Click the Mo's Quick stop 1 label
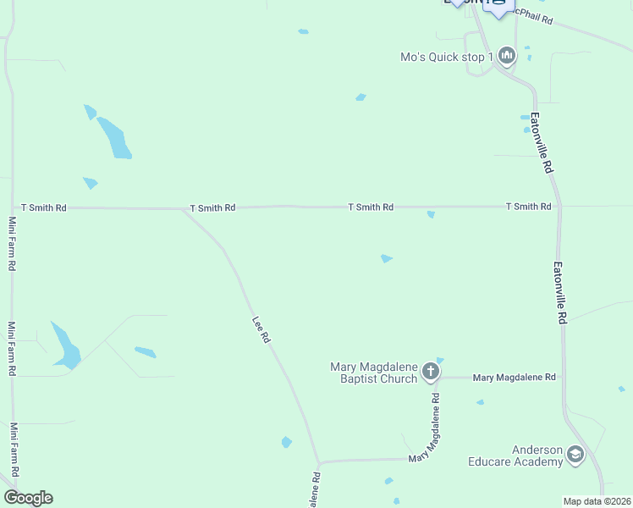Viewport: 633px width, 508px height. (447, 58)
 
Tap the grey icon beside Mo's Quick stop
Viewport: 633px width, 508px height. (507, 56)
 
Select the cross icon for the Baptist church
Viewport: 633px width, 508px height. (431, 371)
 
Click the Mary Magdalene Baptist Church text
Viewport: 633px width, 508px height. (374, 373)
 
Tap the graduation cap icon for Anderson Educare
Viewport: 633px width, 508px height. (575, 456)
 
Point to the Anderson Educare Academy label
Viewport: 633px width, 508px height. (515, 456)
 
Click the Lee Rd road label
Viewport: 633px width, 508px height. (261, 329)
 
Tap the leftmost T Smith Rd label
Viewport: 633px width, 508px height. (44, 207)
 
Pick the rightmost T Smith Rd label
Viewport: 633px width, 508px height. (528, 207)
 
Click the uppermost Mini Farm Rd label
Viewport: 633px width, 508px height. (12, 243)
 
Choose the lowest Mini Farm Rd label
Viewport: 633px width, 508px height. (13, 450)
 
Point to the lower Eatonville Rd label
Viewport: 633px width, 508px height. (559, 292)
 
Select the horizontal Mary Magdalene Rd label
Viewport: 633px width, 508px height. (514, 377)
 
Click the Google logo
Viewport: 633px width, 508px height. (28, 498)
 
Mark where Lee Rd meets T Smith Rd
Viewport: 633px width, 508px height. (183, 208)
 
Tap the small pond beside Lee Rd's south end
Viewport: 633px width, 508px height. (287, 442)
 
